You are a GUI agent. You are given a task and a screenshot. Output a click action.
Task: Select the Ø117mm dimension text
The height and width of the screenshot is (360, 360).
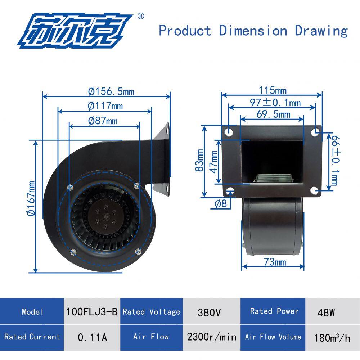tap(105, 106)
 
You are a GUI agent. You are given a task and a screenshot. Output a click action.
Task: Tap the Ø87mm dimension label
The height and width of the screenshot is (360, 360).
tap(103, 121)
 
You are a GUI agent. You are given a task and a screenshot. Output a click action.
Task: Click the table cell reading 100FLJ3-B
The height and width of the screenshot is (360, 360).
tap(92, 311)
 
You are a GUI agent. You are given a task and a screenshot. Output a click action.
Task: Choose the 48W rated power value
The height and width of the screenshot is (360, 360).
tap(326, 312)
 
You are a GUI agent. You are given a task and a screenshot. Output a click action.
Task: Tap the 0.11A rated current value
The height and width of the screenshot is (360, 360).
tap(92, 337)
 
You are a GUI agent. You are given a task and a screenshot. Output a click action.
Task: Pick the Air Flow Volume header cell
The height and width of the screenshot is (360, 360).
tap(273, 337)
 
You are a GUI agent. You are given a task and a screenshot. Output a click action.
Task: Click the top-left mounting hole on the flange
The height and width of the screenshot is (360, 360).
tap(229, 132)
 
